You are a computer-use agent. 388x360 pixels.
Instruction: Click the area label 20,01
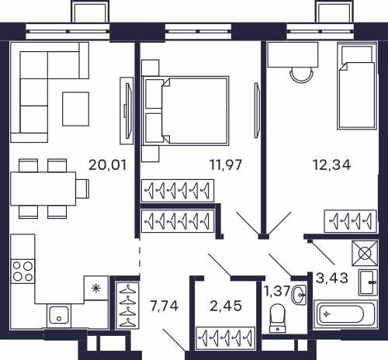(108, 165)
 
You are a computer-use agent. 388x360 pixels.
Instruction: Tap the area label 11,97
(226, 165)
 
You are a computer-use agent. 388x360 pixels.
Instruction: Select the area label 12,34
(331, 165)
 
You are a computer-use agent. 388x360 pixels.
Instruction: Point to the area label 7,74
(165, 306)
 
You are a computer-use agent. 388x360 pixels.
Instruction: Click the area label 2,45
(226, 306)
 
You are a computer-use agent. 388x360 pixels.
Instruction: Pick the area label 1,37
(277, 291)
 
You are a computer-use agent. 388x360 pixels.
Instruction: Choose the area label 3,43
(332, 279)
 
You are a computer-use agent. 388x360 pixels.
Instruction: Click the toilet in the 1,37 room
(277, 318)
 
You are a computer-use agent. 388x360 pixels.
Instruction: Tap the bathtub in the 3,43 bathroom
(345, 314)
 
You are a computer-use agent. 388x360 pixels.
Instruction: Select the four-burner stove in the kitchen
(23, 271)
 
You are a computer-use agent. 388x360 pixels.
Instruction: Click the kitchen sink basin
(59, 315)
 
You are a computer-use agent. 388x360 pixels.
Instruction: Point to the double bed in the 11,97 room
(185, 111)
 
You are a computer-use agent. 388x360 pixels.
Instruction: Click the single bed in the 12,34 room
(357, 86)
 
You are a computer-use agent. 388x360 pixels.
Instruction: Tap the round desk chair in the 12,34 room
(302, 74)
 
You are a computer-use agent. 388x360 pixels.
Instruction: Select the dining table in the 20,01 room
(43, 189)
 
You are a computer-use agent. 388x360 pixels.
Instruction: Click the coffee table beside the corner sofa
(76, 109)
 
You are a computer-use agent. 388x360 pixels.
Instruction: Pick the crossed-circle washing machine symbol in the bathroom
(365, 253)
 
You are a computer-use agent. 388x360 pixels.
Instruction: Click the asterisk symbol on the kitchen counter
(96, 288)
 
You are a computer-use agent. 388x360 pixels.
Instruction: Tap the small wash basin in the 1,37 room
(300, 294)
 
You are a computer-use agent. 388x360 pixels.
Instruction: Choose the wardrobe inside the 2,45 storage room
(226, 338)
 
